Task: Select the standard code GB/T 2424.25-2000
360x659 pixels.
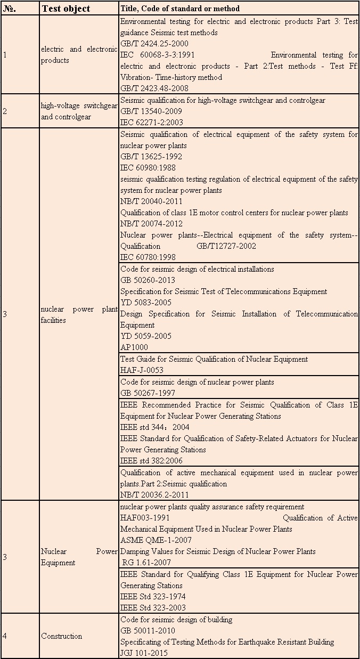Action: (x=154, y=44)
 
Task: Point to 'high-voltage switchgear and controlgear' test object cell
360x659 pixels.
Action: (x=79, y=111)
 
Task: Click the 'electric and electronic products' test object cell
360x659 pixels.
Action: (x=79, y=55)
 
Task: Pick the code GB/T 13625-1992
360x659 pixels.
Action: (x=151, y=157)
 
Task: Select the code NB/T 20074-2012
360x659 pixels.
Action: (x=151, y=224)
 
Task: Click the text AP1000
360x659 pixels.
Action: (x=134, y=347)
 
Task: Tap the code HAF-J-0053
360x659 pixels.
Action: (x=142, y=370)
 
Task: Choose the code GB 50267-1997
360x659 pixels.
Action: (x=148, y=393)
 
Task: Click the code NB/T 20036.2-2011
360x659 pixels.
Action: (x=154, y=495)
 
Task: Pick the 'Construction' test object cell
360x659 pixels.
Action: (x=62, y=636)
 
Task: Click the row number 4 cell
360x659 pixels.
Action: (x=5, y=636)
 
